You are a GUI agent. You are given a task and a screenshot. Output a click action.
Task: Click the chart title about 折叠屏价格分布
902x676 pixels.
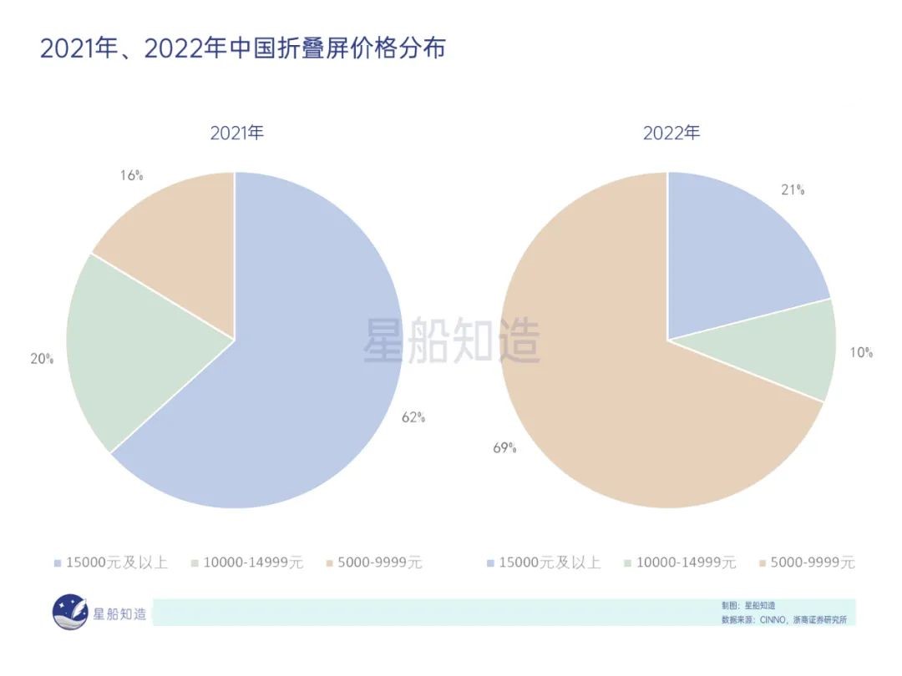(242, 48)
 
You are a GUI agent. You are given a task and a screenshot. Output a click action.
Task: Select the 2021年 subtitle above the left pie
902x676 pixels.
(236, 133)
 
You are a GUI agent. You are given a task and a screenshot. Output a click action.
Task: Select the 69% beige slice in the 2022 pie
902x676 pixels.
(601, 392)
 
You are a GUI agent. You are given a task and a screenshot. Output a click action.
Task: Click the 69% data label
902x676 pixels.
(504, 448)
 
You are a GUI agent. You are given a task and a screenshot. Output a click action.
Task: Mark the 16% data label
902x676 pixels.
(131, 175)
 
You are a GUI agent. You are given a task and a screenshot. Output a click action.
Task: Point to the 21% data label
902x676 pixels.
(792, 189)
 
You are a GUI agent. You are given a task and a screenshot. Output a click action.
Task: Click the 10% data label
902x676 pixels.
(861, 353)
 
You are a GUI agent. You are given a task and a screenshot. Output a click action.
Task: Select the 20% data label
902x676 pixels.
(42, 359)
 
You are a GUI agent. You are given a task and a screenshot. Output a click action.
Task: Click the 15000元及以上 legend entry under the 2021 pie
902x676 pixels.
(110, 562)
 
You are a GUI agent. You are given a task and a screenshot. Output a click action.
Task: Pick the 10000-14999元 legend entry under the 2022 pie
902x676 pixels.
(680, 562)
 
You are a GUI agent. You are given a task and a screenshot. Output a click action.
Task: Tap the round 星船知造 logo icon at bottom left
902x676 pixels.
(69, 612)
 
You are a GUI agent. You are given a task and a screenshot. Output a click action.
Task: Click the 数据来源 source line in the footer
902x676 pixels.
(789, 620)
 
